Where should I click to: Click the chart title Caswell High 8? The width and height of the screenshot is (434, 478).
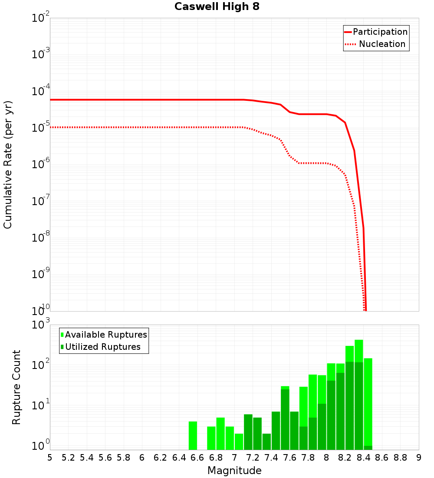coord(217,7)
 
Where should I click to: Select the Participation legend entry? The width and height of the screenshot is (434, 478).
coord(380,32)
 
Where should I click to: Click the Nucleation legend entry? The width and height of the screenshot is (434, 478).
coord(381,44)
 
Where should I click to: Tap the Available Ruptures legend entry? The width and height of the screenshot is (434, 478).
coord(105,335)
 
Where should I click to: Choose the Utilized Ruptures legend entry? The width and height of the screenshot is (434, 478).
coord(102,347)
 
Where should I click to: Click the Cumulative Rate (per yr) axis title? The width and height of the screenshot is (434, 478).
coord(8,164)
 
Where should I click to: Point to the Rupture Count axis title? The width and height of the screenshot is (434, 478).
coord(16,387)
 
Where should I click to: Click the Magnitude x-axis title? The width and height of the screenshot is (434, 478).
coord(234,471)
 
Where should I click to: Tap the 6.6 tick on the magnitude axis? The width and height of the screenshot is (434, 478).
coord(197,457)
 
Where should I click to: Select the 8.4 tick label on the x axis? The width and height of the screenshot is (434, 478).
coord(363,457)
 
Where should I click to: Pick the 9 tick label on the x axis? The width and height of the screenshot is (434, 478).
coord(419,457)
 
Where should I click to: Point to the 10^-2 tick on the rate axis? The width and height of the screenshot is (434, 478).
coord(41,18)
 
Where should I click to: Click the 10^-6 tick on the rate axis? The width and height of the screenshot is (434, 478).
coord(41,165)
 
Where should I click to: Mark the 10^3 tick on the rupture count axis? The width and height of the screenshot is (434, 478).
coord(42,325)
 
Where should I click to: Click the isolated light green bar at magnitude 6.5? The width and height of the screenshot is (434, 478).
coord(193,435)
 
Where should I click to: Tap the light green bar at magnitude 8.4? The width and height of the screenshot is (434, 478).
coord(368,400)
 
